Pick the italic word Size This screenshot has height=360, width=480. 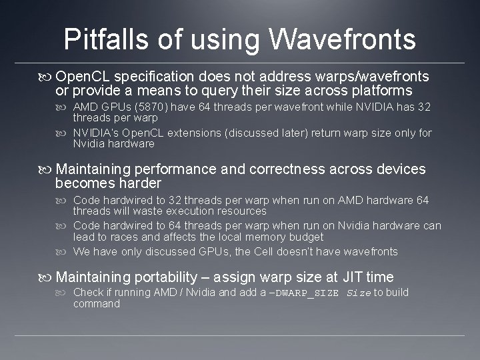click(359, 293)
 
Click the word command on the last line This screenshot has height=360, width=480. click(96, 304)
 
